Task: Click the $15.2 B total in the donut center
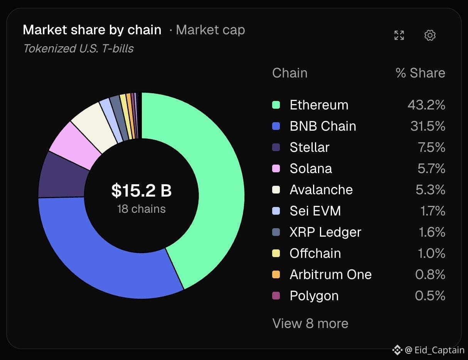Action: (x=141, y=190)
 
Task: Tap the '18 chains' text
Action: (x=141, y=209)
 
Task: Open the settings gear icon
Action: (x=430, y=35)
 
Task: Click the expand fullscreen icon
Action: (x=399, y=35)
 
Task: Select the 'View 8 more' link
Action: (x=310, y=323)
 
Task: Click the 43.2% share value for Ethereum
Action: (x=426, y=105)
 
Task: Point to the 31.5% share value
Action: (x=428, y=126)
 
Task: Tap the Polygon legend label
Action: (x=314, y=296)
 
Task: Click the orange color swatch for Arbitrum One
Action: (x=276, y=274)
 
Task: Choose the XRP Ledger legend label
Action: (x=325, y=232)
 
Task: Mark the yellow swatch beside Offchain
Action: (x=276, y=253)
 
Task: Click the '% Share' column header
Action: (x=420, y=73)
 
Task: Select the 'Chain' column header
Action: (x=290, y=73)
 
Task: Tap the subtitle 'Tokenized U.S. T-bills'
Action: (x=78, y=49)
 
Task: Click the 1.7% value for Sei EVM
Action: (x=433, y=211)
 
